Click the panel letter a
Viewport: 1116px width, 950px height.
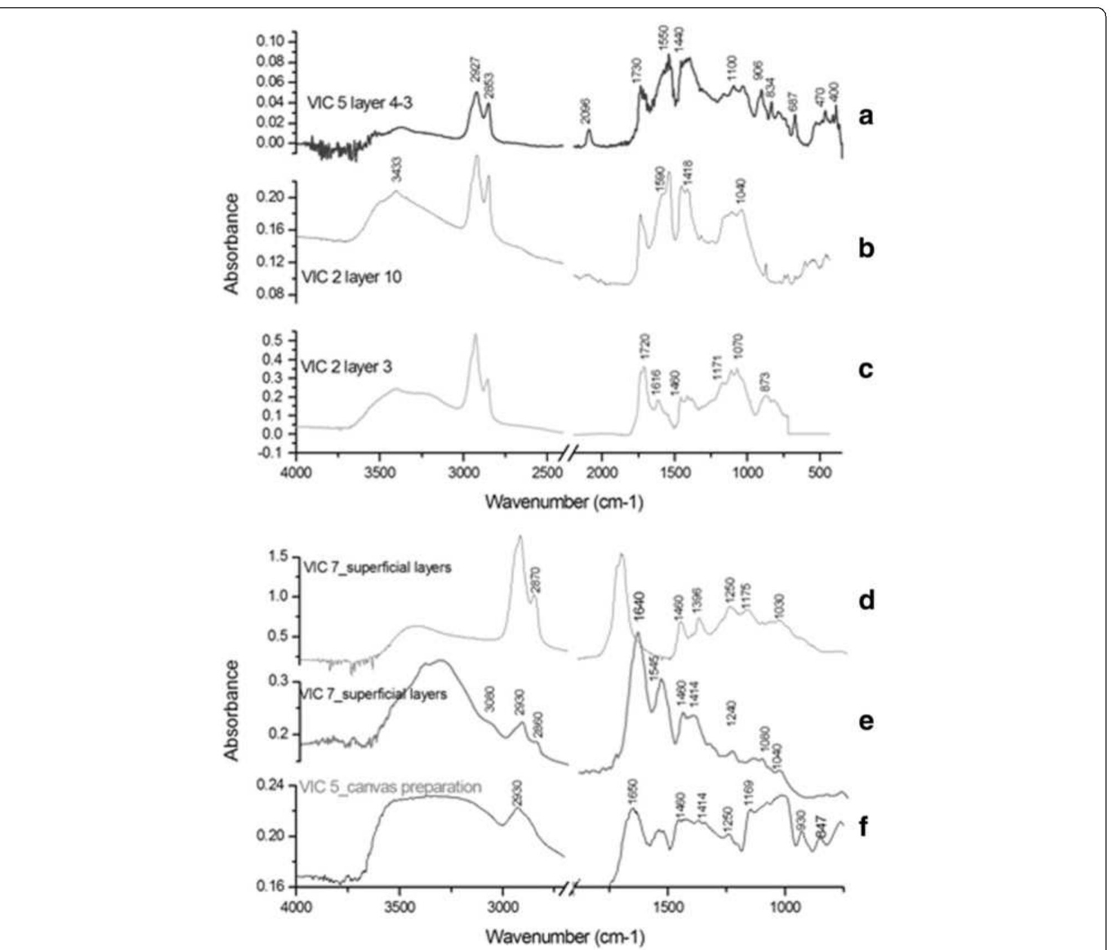(x=866, y=117)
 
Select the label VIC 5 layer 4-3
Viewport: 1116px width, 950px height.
(x=359, y=103)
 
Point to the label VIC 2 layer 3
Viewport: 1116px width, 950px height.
(x=346, y=367)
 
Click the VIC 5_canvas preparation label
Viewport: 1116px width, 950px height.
(x=390, y=787)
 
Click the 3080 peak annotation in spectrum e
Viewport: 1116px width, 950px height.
(x=490, y=699)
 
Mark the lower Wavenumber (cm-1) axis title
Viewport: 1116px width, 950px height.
(x=565, y=937)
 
